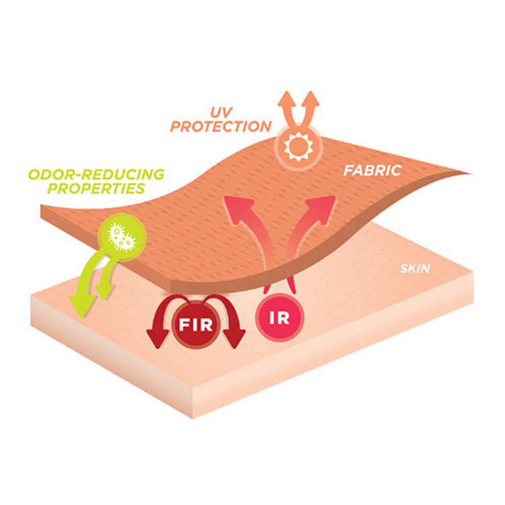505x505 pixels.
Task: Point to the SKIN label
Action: (x=414, y=269)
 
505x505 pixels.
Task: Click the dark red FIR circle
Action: (x=195, y=323)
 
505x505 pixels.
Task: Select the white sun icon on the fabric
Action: (x=295, y=148)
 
